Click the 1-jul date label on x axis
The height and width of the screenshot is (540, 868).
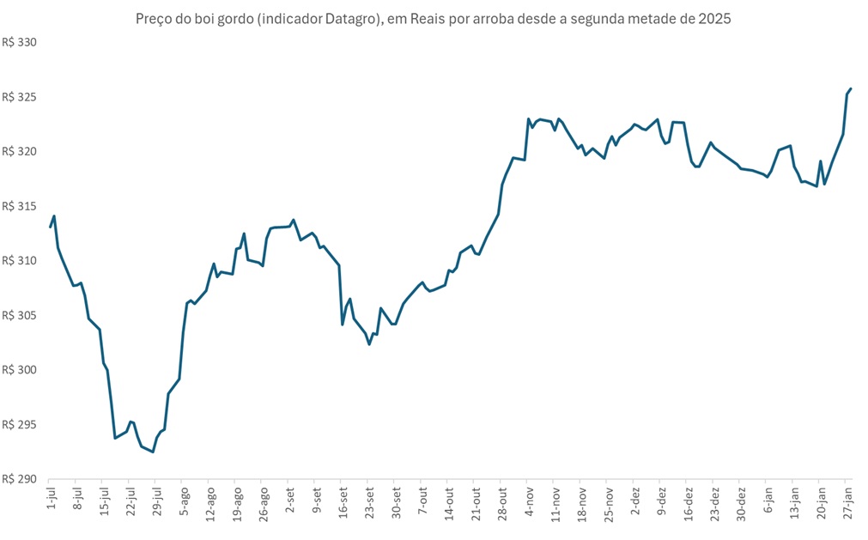51,500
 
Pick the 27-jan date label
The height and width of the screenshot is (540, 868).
847,501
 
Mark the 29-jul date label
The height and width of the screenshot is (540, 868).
157,501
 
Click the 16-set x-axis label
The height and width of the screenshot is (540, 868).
343,501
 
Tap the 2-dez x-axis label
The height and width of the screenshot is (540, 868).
634,501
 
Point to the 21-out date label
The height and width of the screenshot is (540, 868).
476,501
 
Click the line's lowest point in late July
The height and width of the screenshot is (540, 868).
153,452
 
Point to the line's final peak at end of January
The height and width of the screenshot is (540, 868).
850,88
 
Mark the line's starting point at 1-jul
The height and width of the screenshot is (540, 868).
51,227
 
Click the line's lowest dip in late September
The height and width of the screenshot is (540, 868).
369,344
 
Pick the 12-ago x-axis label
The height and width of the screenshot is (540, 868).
210,501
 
